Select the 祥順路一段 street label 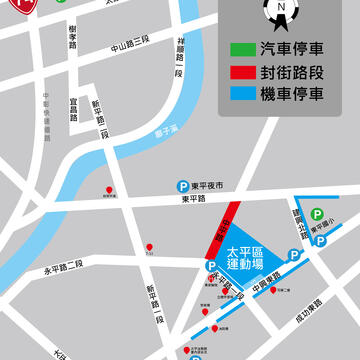[x=180, y=55]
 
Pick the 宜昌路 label [x=74, y=109]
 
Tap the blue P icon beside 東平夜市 [x=182, y=185]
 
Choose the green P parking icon [x=317, y=214]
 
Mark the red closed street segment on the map [x=224, y=231]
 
